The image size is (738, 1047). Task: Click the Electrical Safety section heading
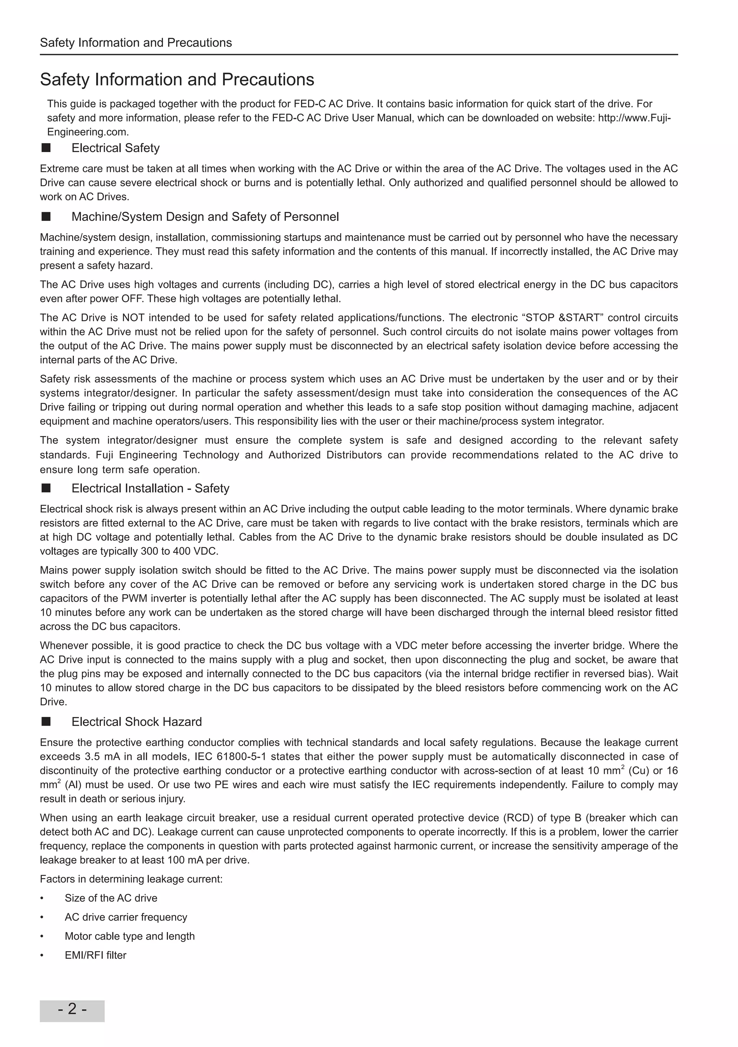pyautogui.click(x=115, y=148)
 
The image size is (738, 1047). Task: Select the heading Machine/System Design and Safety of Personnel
pyautogui.click(x=205, y=217)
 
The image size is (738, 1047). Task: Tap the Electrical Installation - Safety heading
pyautogui.click(x=150, y=489)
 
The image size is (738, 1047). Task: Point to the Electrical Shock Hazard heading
pyautogui.click(x=136, y=722)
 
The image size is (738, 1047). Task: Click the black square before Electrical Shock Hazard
pyautogui.click(x=46, y=721)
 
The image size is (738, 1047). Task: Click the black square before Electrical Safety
pyautogui.click(x=46, y=148)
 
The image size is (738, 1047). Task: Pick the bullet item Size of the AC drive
pyautogui.click(x=111, y=898)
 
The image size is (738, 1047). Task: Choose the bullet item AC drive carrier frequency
pyautogui.click(x=126, y=917)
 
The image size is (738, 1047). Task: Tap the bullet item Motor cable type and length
pyautogui.click(x=129, y=936)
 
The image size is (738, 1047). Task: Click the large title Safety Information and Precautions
pyautogui.click(x=177, y=79)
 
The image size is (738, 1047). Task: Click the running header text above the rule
pyautogui.click(x=136, y=43)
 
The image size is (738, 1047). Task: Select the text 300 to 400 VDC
pyautogui.click(x=179, y=551)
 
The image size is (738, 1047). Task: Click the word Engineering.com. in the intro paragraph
pyautogui.click(x=88, y=132)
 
